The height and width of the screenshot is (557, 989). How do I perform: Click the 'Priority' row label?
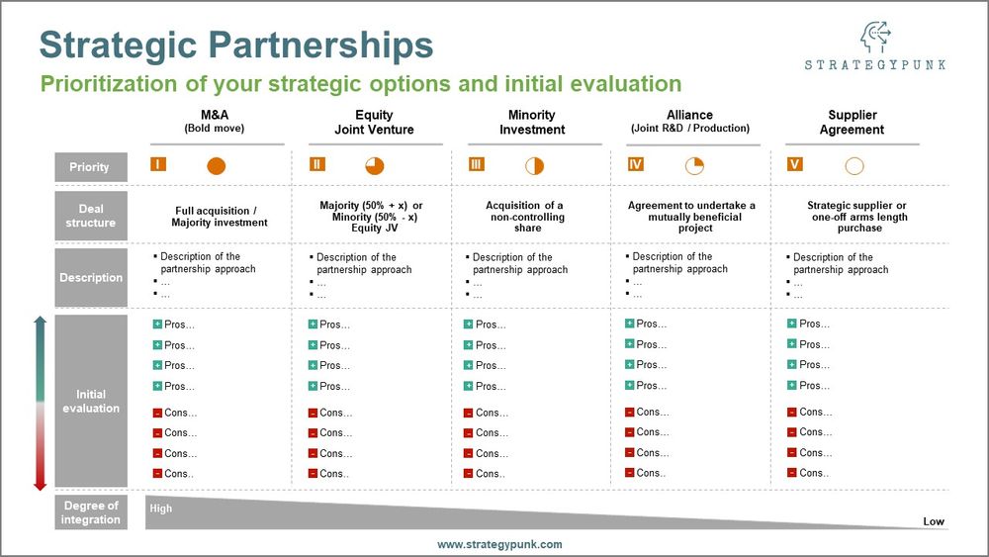(90, 167)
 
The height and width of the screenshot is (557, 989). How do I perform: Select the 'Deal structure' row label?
(90, 216)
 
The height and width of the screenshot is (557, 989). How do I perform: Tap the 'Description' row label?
(90, 278)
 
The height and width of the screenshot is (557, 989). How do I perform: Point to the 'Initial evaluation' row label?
(90, 401)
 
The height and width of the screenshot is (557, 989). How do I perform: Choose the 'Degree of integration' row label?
(90, 512)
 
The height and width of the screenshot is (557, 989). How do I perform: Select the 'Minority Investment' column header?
(532, 122)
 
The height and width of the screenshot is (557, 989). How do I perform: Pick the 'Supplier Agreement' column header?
(852, 122)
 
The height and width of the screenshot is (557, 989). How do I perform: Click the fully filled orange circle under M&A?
(217, 166)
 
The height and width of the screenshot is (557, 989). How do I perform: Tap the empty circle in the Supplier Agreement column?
(854, 166)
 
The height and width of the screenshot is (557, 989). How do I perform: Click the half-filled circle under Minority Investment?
(535, 166)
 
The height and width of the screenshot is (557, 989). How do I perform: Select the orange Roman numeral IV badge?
(636, 164)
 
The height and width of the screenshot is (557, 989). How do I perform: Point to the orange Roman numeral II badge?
(316, 164)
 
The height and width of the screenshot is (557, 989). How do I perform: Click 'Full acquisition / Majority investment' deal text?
(214, 216)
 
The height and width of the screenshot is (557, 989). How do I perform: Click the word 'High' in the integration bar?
(160, 509)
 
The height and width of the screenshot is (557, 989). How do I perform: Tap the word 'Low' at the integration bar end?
(934, 521)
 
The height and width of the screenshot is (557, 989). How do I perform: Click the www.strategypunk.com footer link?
(499, 544)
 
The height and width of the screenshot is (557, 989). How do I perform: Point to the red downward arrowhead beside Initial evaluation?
(41, 484)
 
